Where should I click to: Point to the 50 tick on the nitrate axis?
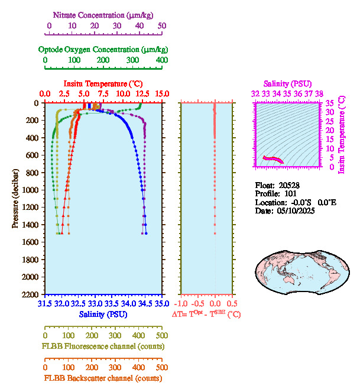[163, 26]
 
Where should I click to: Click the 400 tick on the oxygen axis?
[161, 60]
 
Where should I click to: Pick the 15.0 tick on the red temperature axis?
[162, 94]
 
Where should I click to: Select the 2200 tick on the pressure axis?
[31, 294]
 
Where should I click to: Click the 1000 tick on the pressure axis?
[31, 190]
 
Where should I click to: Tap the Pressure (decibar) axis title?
[16, 199]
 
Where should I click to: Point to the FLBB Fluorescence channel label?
[103, 346]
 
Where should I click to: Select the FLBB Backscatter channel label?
[103, 378]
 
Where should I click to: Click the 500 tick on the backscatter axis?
[161, 367]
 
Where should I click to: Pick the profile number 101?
[290, 193]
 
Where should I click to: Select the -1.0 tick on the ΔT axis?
[183, 304]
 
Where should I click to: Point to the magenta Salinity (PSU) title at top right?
[287, 84]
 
